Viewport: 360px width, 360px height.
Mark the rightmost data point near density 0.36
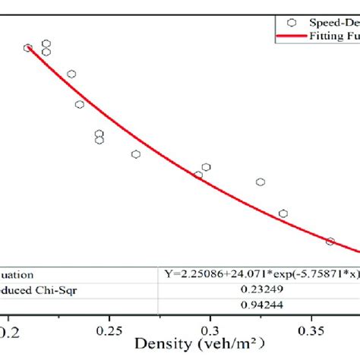click(330, 242)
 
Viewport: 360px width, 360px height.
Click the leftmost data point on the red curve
click(28, 48)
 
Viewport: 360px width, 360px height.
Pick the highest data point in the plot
click(46, 44)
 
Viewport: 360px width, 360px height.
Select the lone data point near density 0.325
click(261, 182)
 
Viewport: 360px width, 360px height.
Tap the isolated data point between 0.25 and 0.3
click(136, 154)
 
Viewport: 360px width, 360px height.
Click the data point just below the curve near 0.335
click(283, 213)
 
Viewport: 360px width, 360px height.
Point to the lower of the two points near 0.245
click(99, 141)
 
